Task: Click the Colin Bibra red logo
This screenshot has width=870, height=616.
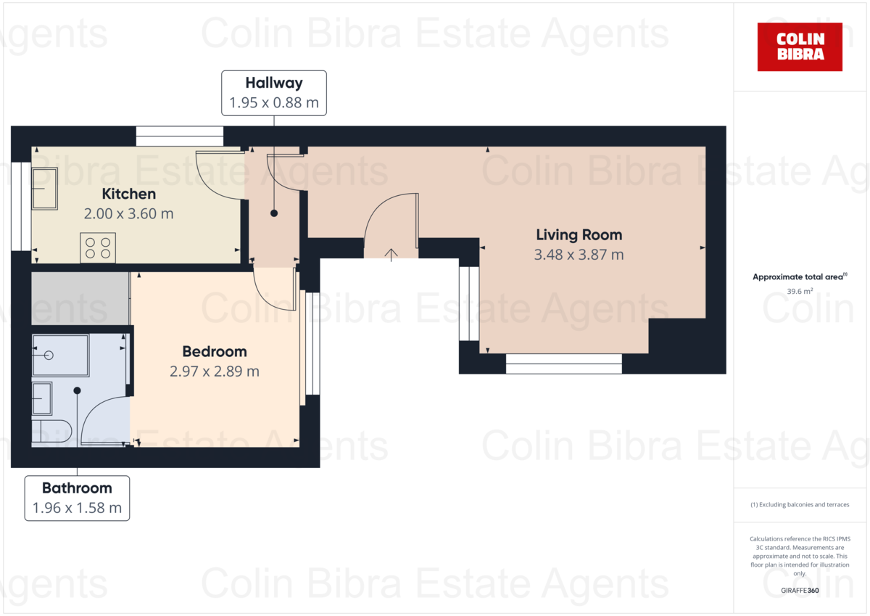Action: coord(800,46)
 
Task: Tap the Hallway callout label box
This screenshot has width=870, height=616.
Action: coord(274,93)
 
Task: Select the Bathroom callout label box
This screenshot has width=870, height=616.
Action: coord(77,498)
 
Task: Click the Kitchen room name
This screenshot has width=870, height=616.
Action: coord(128,194)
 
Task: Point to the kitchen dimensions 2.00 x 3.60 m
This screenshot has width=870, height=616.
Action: coord(129,214)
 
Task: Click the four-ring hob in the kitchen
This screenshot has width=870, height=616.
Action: coord(98,248)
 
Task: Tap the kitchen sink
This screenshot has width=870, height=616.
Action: coord(44,189)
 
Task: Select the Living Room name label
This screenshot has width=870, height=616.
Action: coord(579,234)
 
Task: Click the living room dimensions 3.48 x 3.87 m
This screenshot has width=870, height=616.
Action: coord(579,255)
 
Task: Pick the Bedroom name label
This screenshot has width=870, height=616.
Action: coord(215,351)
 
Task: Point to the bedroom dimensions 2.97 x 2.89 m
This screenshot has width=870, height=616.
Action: coord(215,371)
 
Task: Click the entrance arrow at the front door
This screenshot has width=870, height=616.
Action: coord(391,254)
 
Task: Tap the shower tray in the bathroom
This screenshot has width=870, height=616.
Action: coord(60,356)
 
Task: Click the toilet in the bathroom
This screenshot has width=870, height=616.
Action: coord(51,431)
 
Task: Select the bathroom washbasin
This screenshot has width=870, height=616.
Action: coord(42,397)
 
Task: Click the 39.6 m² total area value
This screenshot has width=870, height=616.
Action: coord(799,291)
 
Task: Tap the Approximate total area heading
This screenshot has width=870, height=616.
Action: coord(799,277)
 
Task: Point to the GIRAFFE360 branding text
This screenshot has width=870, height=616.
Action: coord(800,591)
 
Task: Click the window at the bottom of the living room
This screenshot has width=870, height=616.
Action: coord(563,364)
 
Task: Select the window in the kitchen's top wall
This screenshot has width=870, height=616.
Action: coord(179,136)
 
